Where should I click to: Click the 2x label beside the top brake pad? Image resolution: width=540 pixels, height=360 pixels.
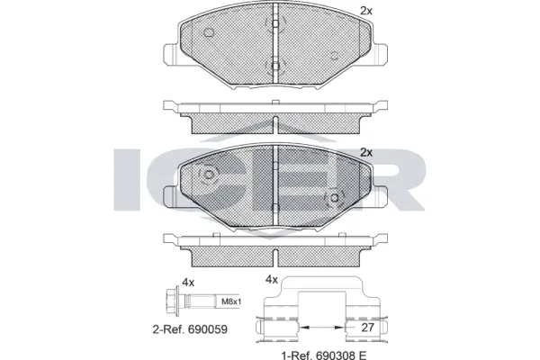(x=366, y=11)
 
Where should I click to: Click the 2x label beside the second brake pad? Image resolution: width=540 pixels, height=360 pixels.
(x=366, y=152)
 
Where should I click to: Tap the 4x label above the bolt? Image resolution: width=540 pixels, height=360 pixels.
(x=188, y=282)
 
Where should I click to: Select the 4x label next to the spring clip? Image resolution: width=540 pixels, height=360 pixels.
(x=270, y=280)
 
